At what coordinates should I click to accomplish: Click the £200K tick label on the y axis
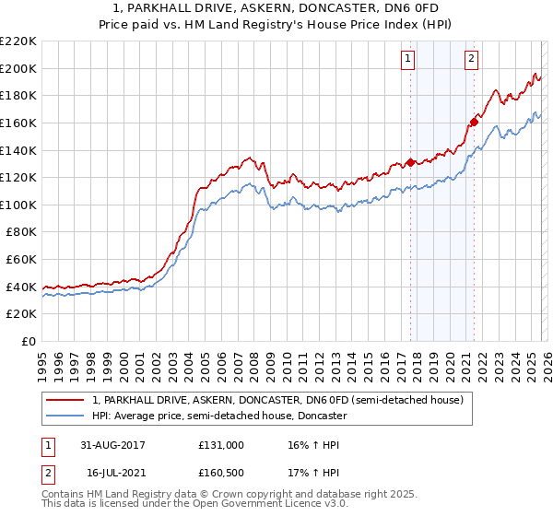(x=18, y=68)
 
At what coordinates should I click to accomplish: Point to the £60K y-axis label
(x=21, y=260)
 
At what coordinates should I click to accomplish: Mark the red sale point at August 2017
(x=410, y=163)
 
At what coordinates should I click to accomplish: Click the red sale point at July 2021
(x=474, y=122)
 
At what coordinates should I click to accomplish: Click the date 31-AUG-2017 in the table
(x=112, y=444)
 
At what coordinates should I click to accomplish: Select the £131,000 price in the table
(x=221, y=444)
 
